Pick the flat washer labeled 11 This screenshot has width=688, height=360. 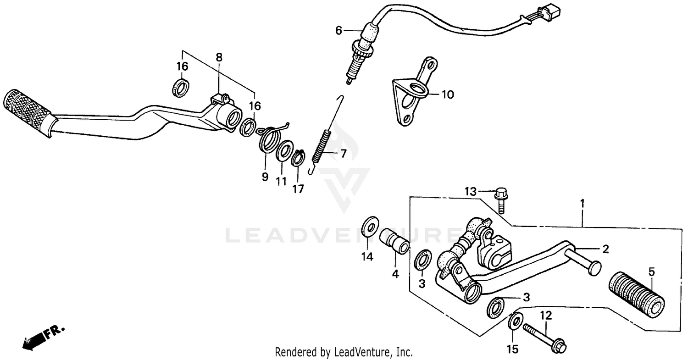285,152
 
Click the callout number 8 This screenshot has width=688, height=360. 219,57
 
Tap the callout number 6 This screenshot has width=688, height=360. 338,31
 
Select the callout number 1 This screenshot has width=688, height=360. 582,202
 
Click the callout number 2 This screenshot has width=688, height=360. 605,249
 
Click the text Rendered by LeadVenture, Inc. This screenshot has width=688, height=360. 344,352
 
